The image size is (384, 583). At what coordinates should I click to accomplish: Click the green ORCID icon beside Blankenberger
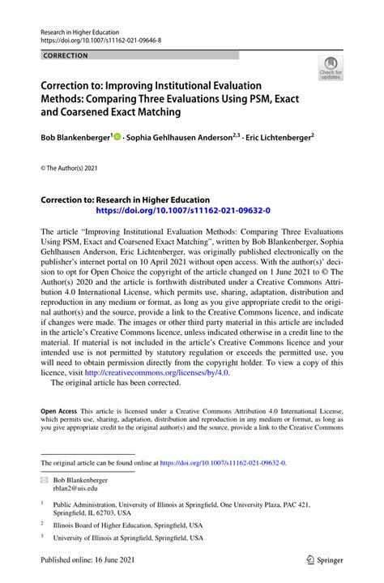118,139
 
